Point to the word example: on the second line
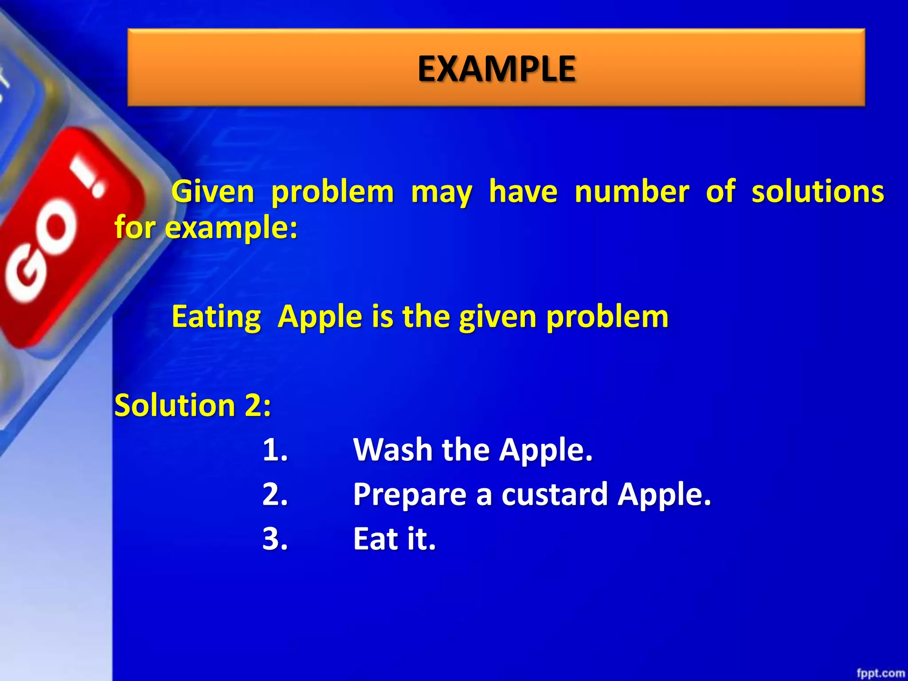231,228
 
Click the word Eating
216,317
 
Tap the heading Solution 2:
192,405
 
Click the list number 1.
275,450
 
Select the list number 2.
275,494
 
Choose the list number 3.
275,539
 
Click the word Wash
393,450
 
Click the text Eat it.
394,539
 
